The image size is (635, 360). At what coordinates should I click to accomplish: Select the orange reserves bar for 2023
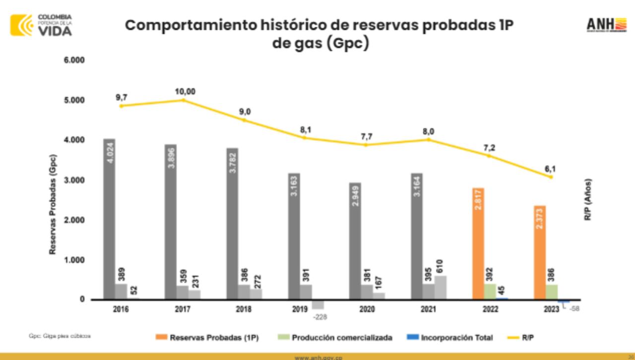pyautogui.click(x=540, y=252)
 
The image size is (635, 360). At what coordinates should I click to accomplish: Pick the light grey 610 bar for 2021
pyautogui.click(x=441, y=288)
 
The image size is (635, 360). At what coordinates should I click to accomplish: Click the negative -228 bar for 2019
pyautogui.click(x=317, y=304)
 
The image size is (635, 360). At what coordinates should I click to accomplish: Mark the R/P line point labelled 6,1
pyautogui.click(x=551, y=177)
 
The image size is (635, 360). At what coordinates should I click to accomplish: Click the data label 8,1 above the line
pyautogui.click(x=306, y=130)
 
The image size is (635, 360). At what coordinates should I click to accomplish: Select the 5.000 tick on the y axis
pyautogui.click(x=74, y=100)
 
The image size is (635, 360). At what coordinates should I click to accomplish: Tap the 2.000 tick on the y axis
pyautogui.click(x=74, y=220)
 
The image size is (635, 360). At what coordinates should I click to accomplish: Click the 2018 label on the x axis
pyautogui.click(x=244, y=309)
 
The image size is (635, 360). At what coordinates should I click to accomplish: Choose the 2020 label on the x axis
pyautogui.click(x=367, y=309)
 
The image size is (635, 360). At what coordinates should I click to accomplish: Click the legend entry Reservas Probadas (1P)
pyautogui.click(x=208, y=338)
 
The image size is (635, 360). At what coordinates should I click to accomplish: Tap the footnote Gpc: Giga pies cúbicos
pyautogui.click(x=60, y=336)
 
